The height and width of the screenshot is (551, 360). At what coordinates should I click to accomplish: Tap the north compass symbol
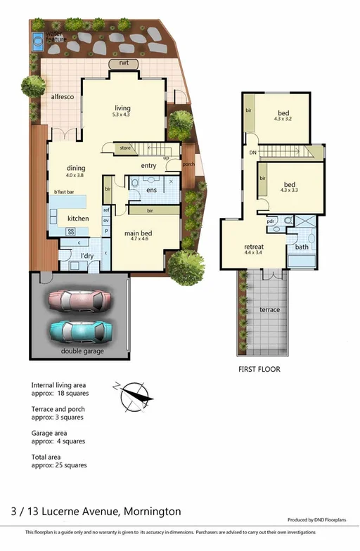click(136, 396)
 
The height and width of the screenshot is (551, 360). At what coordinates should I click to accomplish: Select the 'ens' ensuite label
click(151, 190)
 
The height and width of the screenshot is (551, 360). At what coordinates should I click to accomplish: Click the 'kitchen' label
click(78, 219)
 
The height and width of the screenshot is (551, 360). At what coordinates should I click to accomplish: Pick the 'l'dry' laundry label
click(87, 256)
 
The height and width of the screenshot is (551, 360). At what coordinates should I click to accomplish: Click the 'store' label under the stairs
click(125, 148)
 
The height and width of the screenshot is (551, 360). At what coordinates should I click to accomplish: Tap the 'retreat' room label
click(254, 247)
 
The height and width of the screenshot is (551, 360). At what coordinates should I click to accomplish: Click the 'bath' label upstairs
click(302, 247)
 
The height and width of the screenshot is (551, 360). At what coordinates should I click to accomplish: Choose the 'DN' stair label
click(252, 153)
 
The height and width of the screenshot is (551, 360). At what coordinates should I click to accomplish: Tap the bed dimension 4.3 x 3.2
click(283, 120)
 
